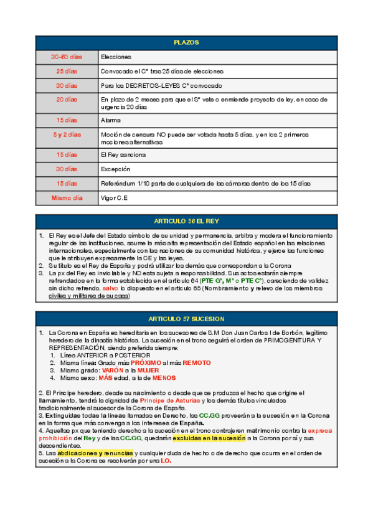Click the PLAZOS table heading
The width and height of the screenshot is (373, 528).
tap(186, 42)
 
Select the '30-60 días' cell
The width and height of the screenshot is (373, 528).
tap(66, 57)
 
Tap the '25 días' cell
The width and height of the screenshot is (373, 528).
tap(66, 71)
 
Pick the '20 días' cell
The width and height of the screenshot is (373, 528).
tap(66, 99)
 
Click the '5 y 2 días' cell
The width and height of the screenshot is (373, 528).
tap(66, 134)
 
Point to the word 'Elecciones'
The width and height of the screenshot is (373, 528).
tap(116, 57)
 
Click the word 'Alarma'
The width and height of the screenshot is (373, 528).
tap(110, 120)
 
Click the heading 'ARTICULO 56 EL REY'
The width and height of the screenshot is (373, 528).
tap(186, 221)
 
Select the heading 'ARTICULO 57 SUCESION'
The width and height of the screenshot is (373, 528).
tap(186, 318)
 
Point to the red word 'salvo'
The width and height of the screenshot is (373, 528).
tap(110, 289)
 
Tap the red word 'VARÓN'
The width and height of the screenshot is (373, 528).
tap(113, 370)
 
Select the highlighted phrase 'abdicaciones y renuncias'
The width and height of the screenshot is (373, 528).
tap(95, 453)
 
